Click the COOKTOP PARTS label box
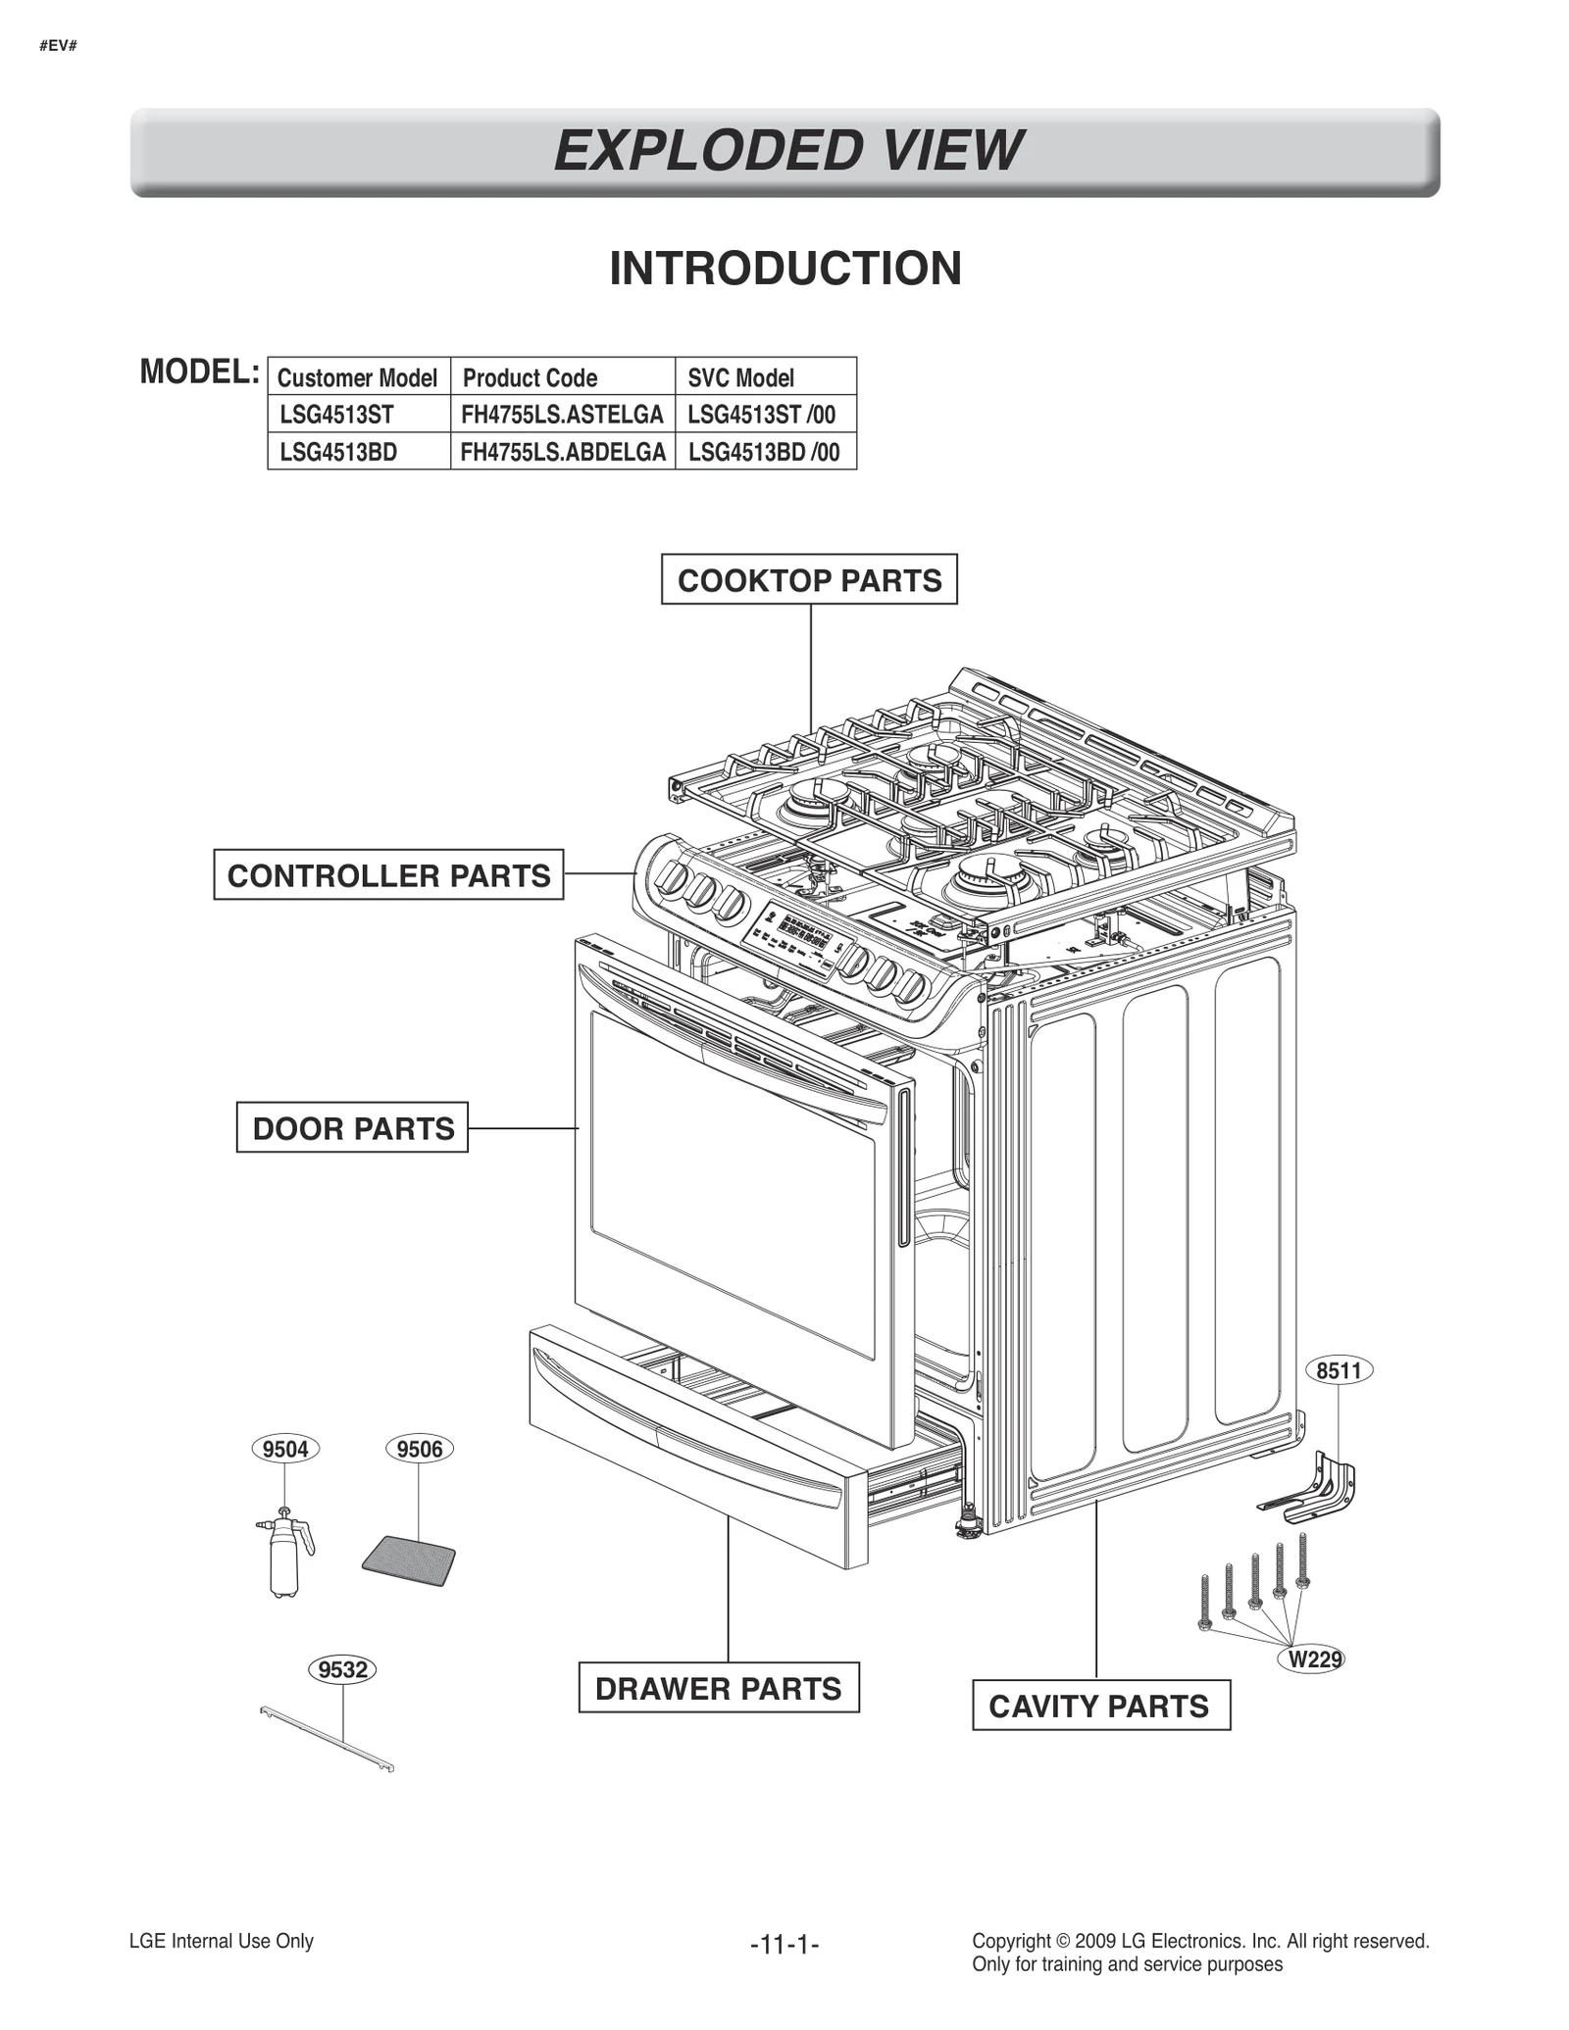[809, 579]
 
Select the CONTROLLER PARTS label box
[388, 874]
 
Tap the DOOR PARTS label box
[352, 1127]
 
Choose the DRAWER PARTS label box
[718, 1688]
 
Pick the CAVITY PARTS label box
[1100, 1706]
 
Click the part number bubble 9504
[285, 1449]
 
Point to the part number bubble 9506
[420, 1449]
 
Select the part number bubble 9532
[342, 1669]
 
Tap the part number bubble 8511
[1339, 1370]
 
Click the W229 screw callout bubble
[1313, 1659]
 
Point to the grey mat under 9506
[409, 1560]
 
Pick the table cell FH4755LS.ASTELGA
[562, 415]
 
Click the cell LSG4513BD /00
[764, 452]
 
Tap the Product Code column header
[531, 377]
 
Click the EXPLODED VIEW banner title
[787, 151]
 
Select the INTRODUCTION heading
[785, 269]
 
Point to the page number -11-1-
[784, 1944]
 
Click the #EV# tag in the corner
[59, 46]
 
